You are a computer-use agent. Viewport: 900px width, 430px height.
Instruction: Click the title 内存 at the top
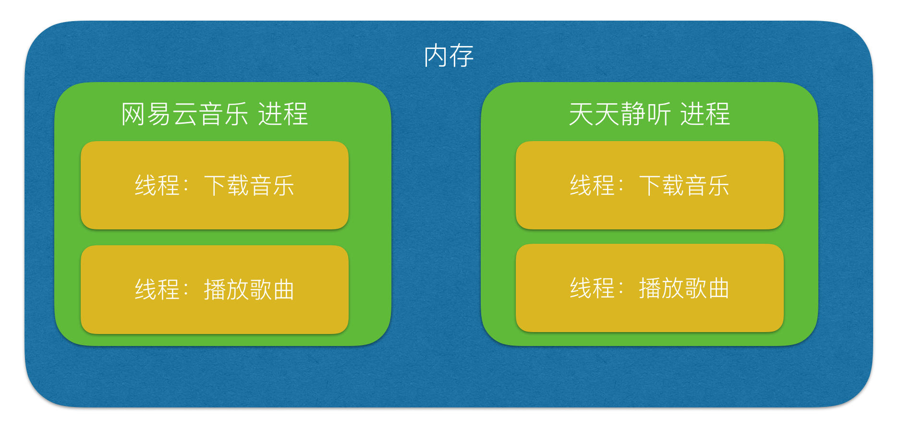(x=449, y=56)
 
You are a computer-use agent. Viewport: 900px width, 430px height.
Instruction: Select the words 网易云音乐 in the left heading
(x=184, y=114)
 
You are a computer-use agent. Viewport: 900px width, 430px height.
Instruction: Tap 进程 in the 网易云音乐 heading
(x=283, y=114)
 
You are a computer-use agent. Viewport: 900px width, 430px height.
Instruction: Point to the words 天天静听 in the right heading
(x=620, y=114)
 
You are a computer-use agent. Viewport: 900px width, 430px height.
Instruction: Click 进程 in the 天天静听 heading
(x=705, y=114)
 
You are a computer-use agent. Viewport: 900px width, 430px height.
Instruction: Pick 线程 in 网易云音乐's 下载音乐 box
(x=157, y=185)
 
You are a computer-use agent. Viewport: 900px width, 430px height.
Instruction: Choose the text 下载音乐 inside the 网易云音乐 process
(x=249, y=185)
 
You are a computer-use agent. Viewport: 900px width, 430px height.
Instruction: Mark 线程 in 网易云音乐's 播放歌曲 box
(x=157, y=289)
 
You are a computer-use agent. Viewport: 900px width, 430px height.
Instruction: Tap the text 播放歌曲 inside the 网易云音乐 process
(x=249, y=289)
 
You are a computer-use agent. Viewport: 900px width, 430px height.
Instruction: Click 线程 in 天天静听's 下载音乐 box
(x=592, y=185)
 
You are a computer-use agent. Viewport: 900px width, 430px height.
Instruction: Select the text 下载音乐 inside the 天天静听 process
(x=684, y=185)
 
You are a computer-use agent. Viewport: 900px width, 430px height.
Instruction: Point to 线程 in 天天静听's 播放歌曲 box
(x=592, y=288)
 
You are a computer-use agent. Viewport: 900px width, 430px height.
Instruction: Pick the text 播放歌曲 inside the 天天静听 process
(x=684, y=288)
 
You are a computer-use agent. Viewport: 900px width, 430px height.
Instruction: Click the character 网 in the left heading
(x=133, y=114)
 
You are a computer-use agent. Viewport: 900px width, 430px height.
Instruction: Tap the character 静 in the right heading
(x=632, y=114)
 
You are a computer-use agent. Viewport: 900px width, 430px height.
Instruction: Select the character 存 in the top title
(x=462, y=56)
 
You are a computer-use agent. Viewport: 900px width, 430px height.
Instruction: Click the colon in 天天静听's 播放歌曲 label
(x=621, y=288)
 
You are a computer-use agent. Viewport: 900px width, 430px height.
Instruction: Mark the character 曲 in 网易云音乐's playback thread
(x=283, y=289)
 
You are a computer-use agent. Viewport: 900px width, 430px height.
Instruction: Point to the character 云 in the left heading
(x=185, y=114)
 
